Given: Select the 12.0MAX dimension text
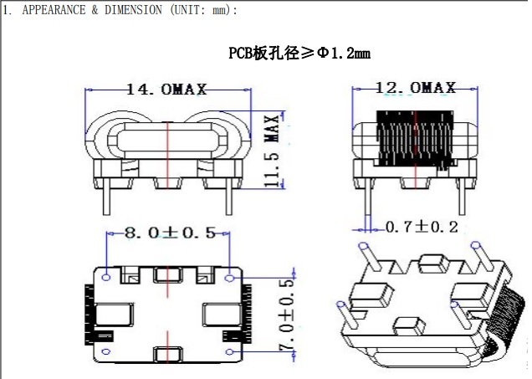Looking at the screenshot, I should (x=416, y=88).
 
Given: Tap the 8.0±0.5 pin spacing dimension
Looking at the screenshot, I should (x=170, y=233).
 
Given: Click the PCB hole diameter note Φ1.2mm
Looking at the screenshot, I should (x=299, y=53).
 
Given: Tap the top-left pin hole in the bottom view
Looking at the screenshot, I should (x=106, y=275).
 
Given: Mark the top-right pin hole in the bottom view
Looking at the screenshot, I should (x=230, y=275).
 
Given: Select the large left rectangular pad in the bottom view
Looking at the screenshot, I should (x=115, y=315).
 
